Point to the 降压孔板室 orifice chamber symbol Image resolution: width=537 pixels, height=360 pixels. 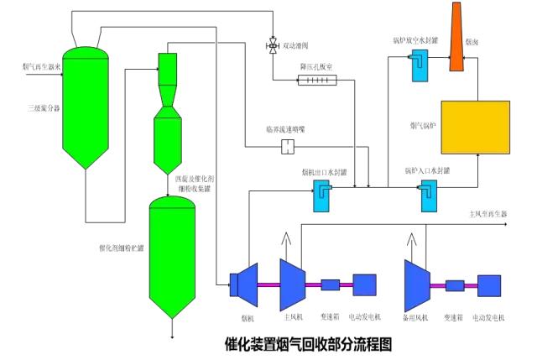pyautogui.click(x=317, y=81)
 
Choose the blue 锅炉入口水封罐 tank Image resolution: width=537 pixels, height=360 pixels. pyautogui.click(x=428, y=197)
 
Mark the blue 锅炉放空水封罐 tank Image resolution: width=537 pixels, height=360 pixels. pyautogui.click(x=420, y=65)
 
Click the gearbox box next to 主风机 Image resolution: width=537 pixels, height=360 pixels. pyautogui.click(x=330, y=284)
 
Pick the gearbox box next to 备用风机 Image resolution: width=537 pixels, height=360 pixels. pyautogui.click(x=456, y=284)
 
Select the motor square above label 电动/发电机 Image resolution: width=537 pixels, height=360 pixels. pyautogui.click(x=367, y=284)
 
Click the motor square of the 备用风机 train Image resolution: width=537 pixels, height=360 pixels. pyautogui.click(x=490, y=284)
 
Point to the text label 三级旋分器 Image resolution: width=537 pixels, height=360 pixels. pyautogui.click(x=39, y=108)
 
